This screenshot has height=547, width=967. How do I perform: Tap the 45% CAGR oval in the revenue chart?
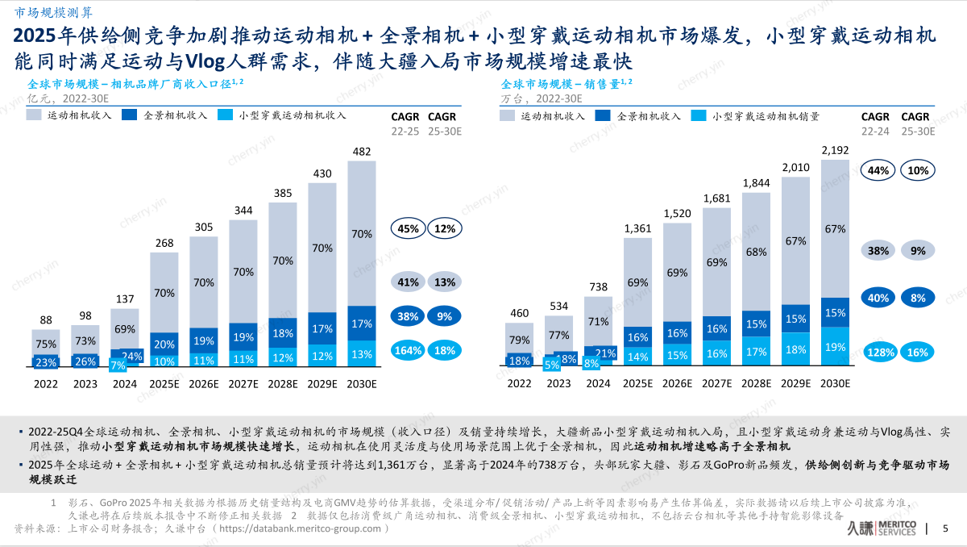[x=408, y=228]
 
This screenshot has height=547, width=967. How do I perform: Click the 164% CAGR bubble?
[x=408, y=350]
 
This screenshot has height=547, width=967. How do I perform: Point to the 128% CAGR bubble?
[x=880, y=352]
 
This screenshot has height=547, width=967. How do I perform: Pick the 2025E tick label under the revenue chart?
[x=164, y=384]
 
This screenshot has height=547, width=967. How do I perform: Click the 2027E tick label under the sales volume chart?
[x=716, y=384]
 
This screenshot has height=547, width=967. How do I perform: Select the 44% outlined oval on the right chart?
[x=878, y=170]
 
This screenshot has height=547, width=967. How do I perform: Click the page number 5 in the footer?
[x=945, y=529]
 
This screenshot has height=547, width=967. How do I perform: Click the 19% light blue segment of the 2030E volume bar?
[x=836, y=347]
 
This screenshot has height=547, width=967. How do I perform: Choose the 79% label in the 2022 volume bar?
[x=519, y=339]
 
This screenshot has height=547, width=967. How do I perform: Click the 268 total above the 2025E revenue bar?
[x=164, y=244]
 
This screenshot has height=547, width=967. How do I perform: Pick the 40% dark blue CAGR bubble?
[x=878, y=298]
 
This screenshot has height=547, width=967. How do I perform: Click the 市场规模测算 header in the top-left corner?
[x=48, y=10]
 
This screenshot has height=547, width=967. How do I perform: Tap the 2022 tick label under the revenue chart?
[x=46, y=384]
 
